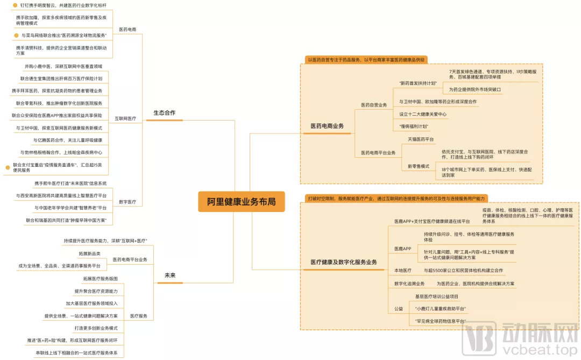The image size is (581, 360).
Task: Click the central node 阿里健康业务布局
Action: click(242, 201)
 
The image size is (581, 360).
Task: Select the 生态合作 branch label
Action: click(164, 113)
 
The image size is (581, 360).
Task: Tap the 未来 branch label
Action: click(169, 276)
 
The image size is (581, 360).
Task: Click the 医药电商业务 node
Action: click(327, 126)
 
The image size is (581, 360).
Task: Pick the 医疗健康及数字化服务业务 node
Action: click(344, 262)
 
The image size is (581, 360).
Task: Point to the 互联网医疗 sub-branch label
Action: click(125, 118)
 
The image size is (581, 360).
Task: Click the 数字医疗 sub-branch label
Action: click(127, 202)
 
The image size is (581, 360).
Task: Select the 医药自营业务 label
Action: click(374, 105)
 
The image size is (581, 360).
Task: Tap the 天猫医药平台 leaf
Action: click(421, 139)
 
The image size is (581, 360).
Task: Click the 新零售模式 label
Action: click(419, 166)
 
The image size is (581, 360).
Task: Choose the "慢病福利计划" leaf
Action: click(414, 126)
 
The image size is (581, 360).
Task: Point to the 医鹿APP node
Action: click(402, 249)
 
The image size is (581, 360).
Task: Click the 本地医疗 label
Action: click(402, 270)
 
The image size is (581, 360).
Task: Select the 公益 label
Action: click(398, 309)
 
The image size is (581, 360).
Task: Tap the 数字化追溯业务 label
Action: click(409, 284)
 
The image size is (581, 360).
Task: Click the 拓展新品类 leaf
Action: click(89, 253)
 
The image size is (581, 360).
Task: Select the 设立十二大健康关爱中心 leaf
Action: click(423, 114)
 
